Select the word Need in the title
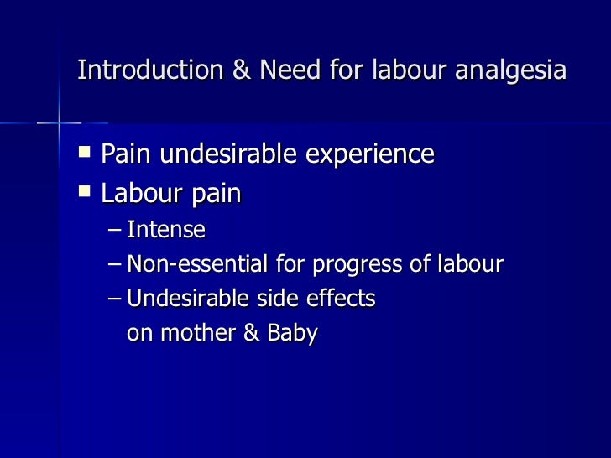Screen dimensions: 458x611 (285, 70)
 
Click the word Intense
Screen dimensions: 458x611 (165, 229)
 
